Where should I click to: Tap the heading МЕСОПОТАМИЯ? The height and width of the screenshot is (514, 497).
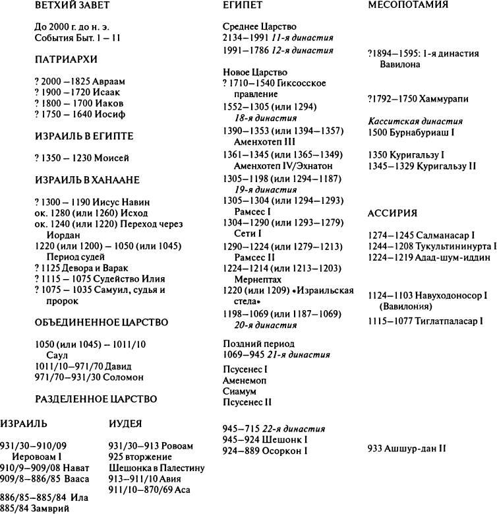[x=407, y=6]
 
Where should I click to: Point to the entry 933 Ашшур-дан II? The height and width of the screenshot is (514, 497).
[x=407, y=449]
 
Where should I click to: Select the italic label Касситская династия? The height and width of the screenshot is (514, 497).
[x=406, y=121]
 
